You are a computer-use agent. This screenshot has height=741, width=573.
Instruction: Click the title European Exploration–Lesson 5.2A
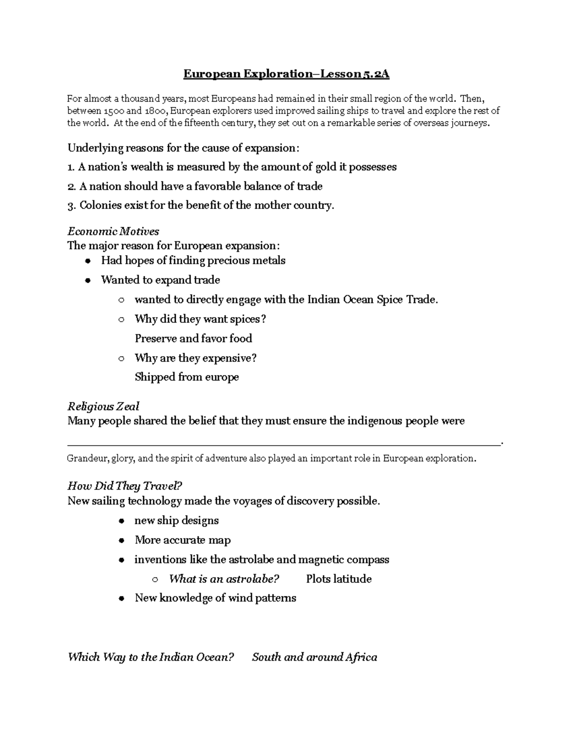click(286, 74)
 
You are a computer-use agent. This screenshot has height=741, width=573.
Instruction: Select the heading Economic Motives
click(113, 231)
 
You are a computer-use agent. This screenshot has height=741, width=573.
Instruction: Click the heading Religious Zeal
click(103, 407)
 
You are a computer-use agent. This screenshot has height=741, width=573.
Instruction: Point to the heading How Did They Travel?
click(125, 486)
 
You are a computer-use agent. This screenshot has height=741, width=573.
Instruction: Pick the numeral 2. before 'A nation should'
click(72, 187)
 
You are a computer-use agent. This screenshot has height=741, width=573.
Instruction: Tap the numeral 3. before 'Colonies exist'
click(72, 206)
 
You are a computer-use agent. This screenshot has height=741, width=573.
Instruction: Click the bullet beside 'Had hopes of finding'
click(87, 261)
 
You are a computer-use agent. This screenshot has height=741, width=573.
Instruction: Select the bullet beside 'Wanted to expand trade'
click(87, 281)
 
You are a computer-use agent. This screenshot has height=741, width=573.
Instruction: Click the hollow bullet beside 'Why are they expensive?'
click(121, 358)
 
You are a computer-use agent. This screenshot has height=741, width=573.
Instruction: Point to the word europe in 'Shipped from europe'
click(222, 377)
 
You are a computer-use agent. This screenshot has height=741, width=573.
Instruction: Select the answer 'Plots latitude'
click(339, 579)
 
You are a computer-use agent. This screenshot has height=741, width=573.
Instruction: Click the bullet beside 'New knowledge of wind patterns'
click(122, 598)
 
